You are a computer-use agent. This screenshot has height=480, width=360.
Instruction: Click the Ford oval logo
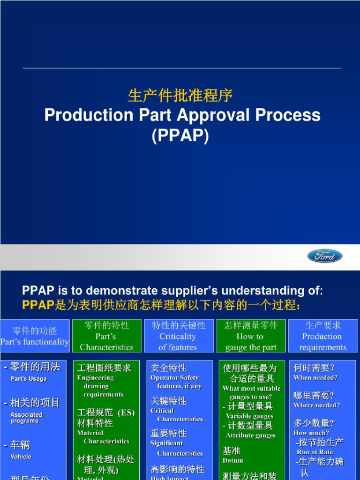coord(325,256)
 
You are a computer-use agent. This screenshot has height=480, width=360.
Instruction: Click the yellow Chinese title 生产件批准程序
coord(180,96)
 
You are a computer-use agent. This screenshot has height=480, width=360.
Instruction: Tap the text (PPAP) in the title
coord(180,135)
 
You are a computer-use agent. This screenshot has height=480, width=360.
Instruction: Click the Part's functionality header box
coord(35,336)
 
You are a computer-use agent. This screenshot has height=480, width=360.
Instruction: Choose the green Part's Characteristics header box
coord(106,336)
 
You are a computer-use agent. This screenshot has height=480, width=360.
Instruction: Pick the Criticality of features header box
coord(178,336)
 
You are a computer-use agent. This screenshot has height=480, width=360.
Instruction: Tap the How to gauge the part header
coord(251,336)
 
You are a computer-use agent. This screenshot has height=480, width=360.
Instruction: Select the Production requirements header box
coord(323,336)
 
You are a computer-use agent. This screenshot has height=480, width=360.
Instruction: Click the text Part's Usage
coord(29,379)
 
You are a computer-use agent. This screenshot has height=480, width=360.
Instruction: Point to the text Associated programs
coord(26,418)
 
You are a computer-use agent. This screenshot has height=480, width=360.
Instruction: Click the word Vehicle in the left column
coord(21,457)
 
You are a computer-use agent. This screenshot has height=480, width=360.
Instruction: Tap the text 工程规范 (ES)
coord(106,412)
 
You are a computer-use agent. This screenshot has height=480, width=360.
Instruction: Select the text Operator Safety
coord(174,378)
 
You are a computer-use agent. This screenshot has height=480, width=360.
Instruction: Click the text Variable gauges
coord(249,416)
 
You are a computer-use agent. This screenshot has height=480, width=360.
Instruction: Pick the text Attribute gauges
coord(251,435)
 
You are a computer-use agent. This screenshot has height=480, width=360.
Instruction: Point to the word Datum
coord(233,460)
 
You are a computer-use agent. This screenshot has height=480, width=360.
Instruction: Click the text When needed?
coord(315,378)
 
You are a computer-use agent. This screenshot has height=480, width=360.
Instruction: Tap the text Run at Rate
coord(315,452)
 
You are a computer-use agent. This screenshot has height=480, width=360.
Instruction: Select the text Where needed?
coord(317,405)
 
